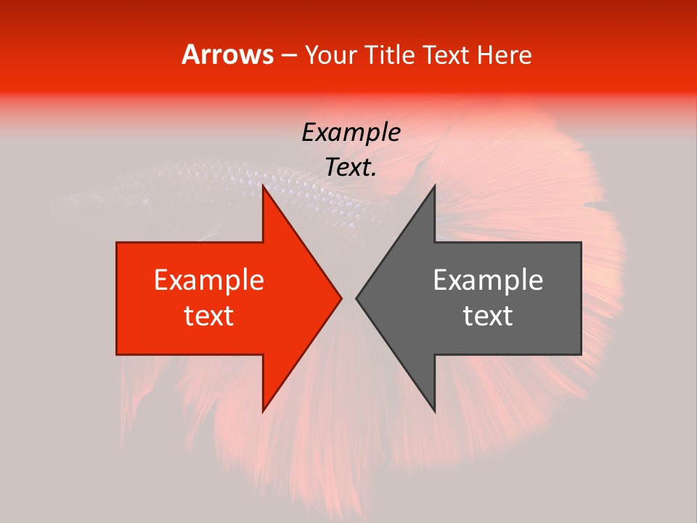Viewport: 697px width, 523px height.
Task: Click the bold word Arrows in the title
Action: pyautogui.click(x=228, y=54)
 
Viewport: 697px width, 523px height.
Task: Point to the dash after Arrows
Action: pyautogui.click(x=289, y=56)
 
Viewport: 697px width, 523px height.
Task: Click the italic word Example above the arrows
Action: pyautogui.click(x=351, y=133)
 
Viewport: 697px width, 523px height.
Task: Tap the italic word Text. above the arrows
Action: pyautogui.click(x=351, y=168)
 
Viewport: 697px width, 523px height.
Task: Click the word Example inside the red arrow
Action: pyautogui.click(x=209, y=280)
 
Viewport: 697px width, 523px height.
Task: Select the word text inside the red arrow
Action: pyautogui.click(x=209, y=316)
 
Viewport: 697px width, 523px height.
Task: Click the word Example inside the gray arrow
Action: pyautogui.click(x=488, y=280)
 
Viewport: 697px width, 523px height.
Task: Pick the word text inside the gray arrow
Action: pyautogui.click(x=488, y=316)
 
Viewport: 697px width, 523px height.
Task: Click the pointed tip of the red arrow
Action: pyautogui.click(x=341, y=298)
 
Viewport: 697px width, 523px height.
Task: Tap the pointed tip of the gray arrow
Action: pyautogui.click(x=356, y=298)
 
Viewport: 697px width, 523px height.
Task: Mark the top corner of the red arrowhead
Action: pyautogui.click(x=263, y=186)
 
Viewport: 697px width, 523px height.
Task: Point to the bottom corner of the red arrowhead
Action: pyautogui.click(x=263, y=411)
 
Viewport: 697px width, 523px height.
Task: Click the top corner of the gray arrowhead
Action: pyautogui.click(x=435, y=186)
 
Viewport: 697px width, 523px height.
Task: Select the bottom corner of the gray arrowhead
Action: pyautogui.click(x=435, y=411)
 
